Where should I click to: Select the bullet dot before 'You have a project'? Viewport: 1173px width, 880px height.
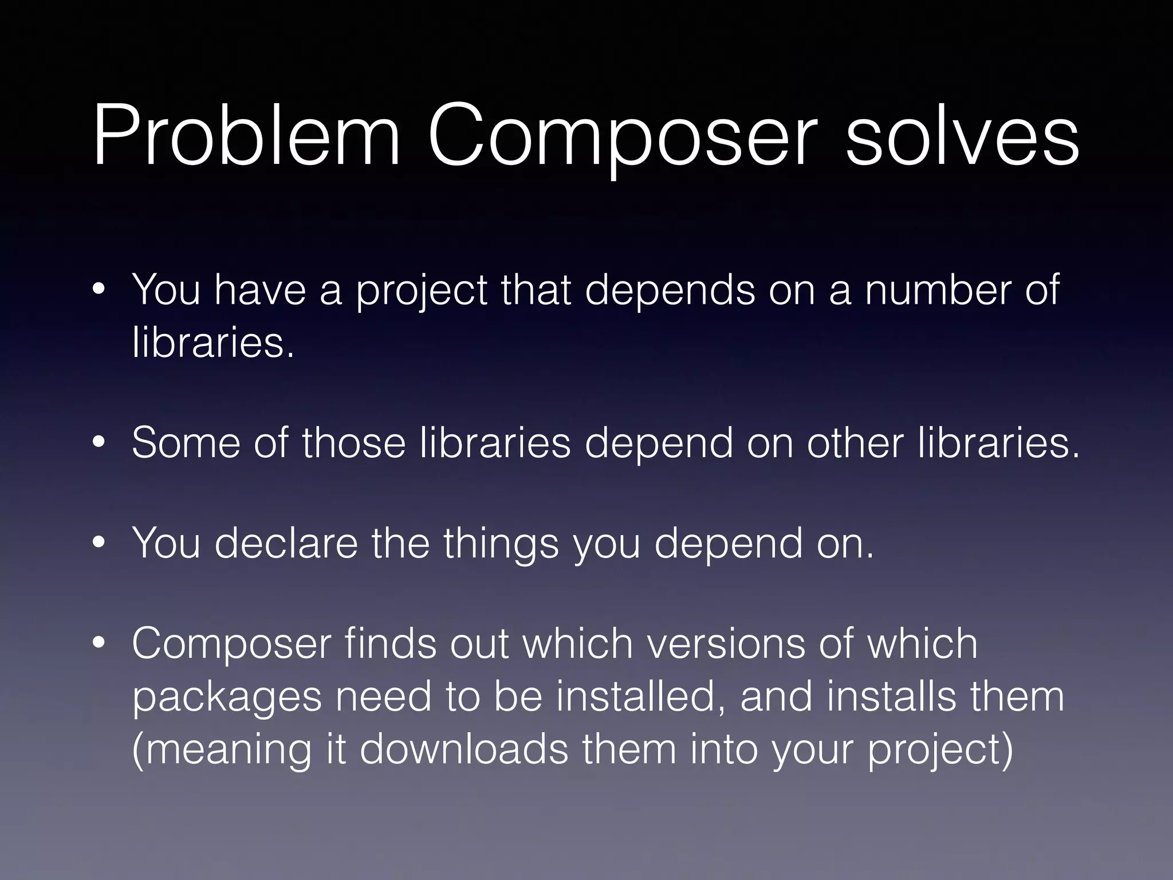99,290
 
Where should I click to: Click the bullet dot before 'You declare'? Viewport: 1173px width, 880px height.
99,544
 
